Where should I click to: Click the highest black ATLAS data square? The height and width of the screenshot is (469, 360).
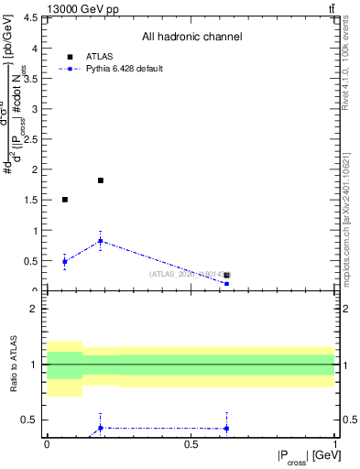(x=101, y=180)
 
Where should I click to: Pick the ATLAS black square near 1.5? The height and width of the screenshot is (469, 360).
(x=64, y=200)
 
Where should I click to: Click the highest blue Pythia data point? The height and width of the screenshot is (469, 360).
(x=101, y=241)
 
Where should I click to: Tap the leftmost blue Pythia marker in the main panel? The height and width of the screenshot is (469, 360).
(x=64, y=262)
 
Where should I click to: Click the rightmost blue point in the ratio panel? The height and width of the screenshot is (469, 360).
(x=226, y=428)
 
